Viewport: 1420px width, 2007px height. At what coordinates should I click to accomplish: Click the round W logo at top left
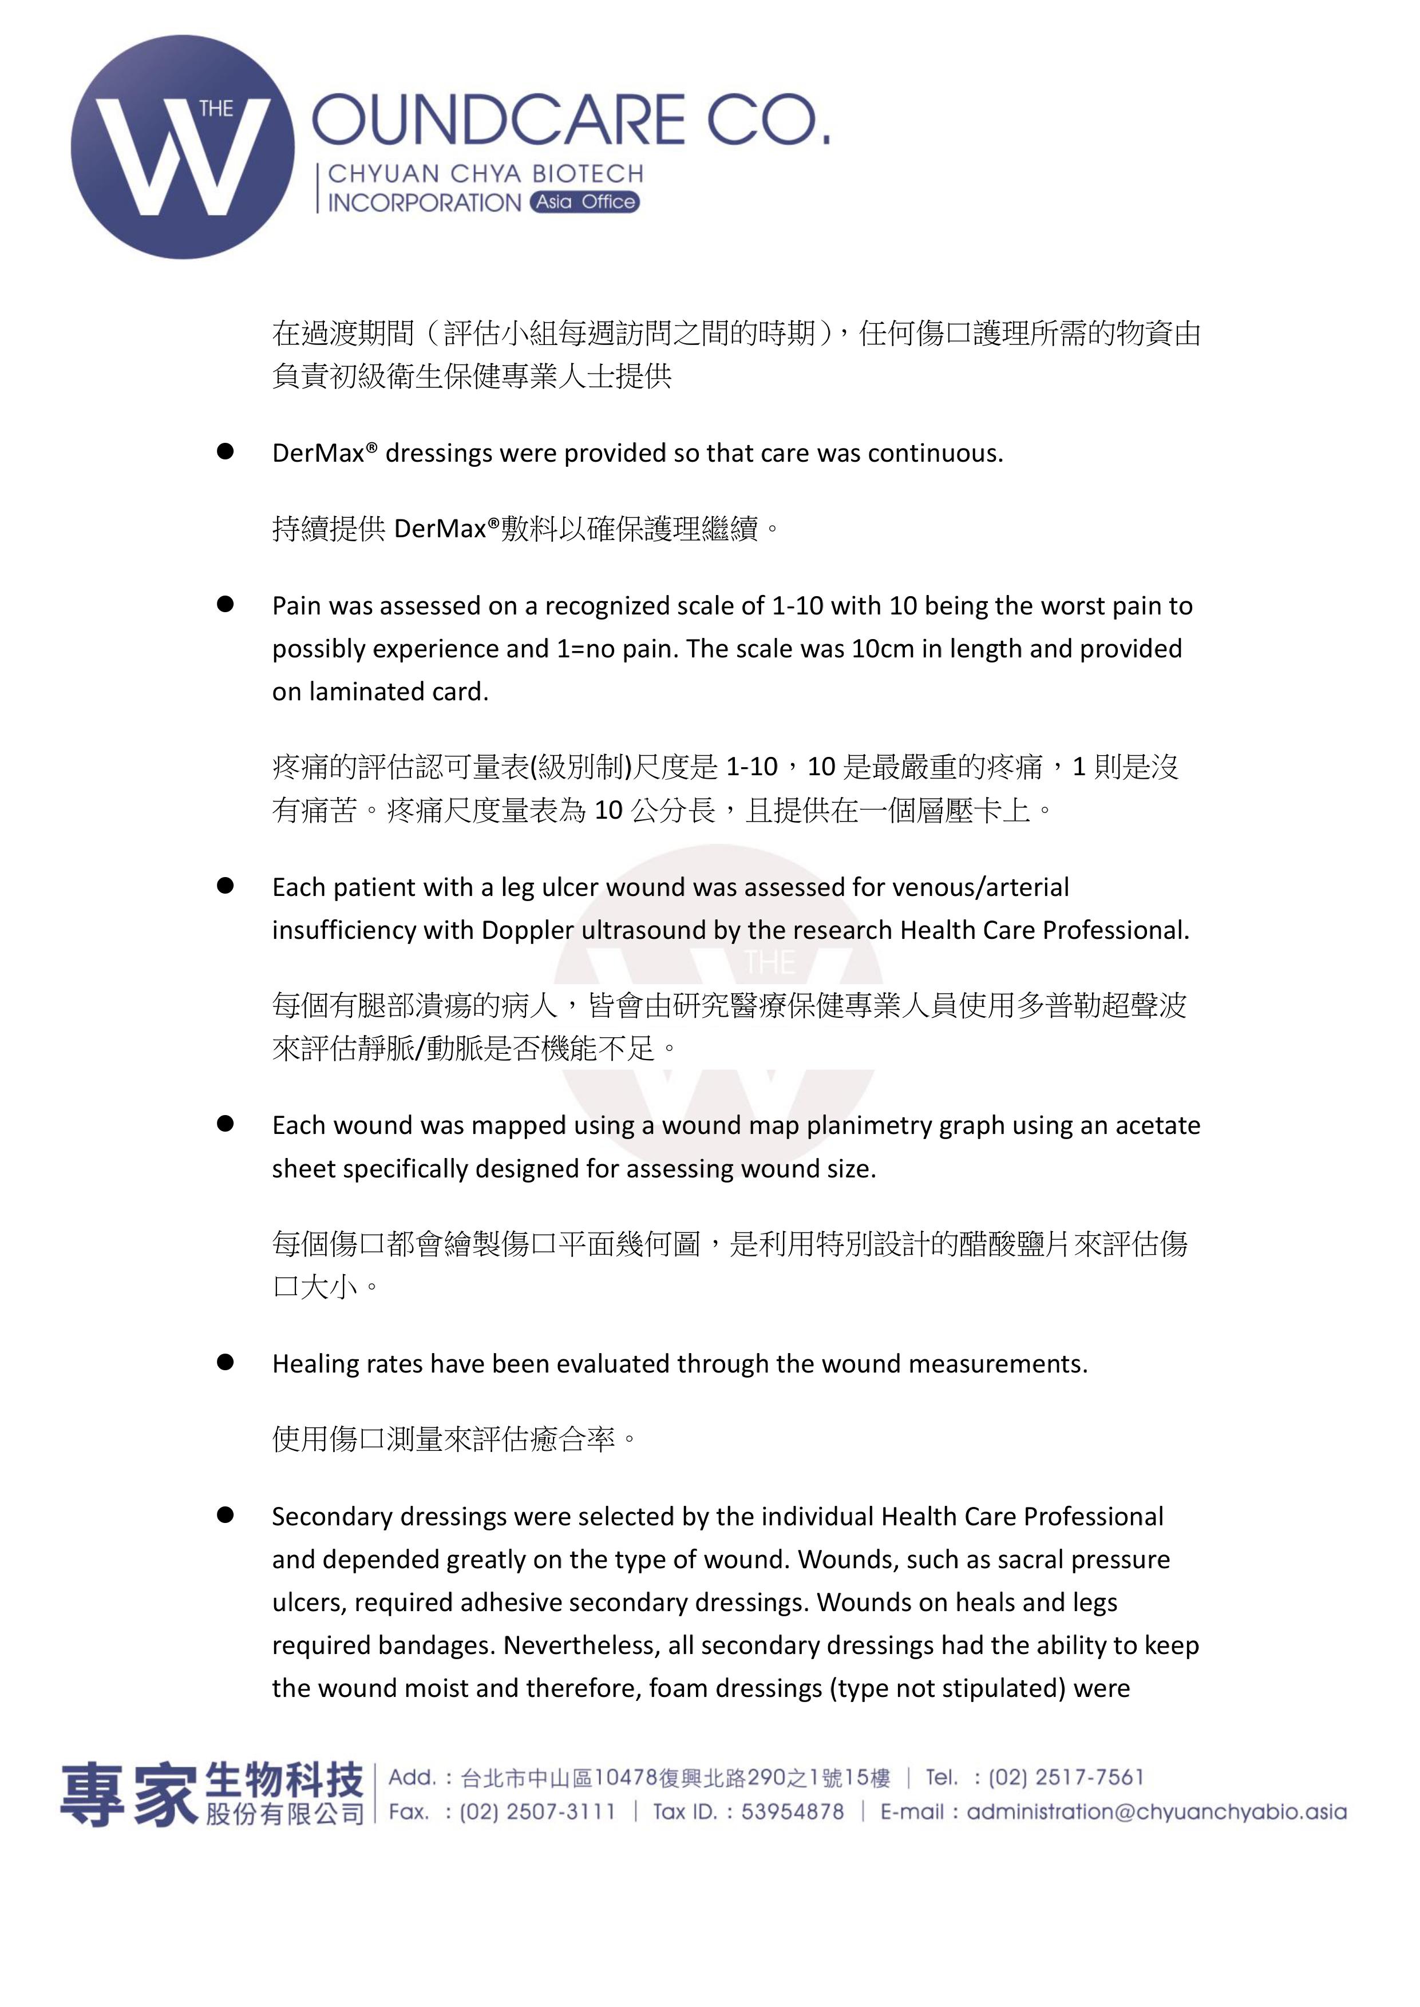click(183, 147)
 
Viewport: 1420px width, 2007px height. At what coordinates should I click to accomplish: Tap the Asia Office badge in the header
click(584, 202)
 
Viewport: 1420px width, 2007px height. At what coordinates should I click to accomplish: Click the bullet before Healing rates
click(226, 1362)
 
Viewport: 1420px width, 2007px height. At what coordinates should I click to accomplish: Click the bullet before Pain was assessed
click(226, 604)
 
